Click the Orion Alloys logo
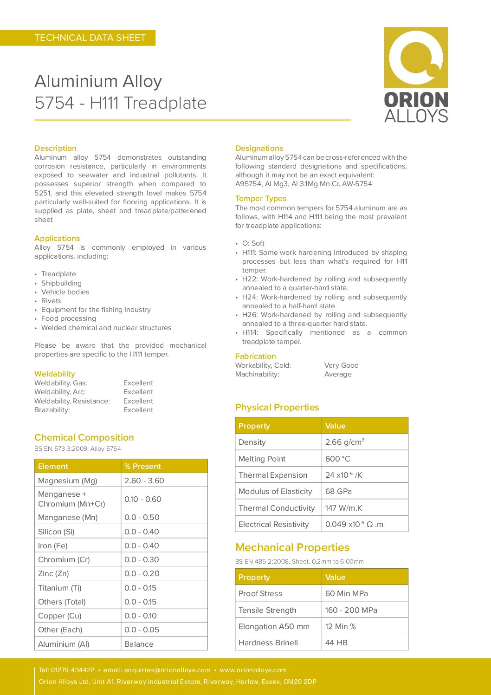click(x=416, y=74)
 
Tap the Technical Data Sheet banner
click(x=90, y=38)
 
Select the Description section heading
click(x=55, y=148)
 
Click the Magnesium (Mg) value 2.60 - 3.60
click(x=144, y=481)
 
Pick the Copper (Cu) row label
click(x=59, y=616)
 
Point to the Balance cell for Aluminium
click(x=139, y=644)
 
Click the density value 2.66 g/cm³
click(x=344, y=442)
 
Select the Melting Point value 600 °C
click(x=338, y=459)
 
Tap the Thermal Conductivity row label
click(x=277, y=508)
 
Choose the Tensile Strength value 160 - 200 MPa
click(x=351, y=610)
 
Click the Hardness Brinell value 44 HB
click(x=336, y=643)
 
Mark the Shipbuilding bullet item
click(x=61, y=283)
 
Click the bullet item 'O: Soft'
click(x=253, y=243)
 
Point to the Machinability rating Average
click(x=338, y=374)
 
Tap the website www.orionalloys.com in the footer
click(x=253, y=670)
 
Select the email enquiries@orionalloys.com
click(x=167, y=670)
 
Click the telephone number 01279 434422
click(x=72, y=670)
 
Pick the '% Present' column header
click(x=142, y=466)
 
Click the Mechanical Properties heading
click(x=292, y=547)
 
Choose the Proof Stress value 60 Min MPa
click(x=346, y=593)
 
